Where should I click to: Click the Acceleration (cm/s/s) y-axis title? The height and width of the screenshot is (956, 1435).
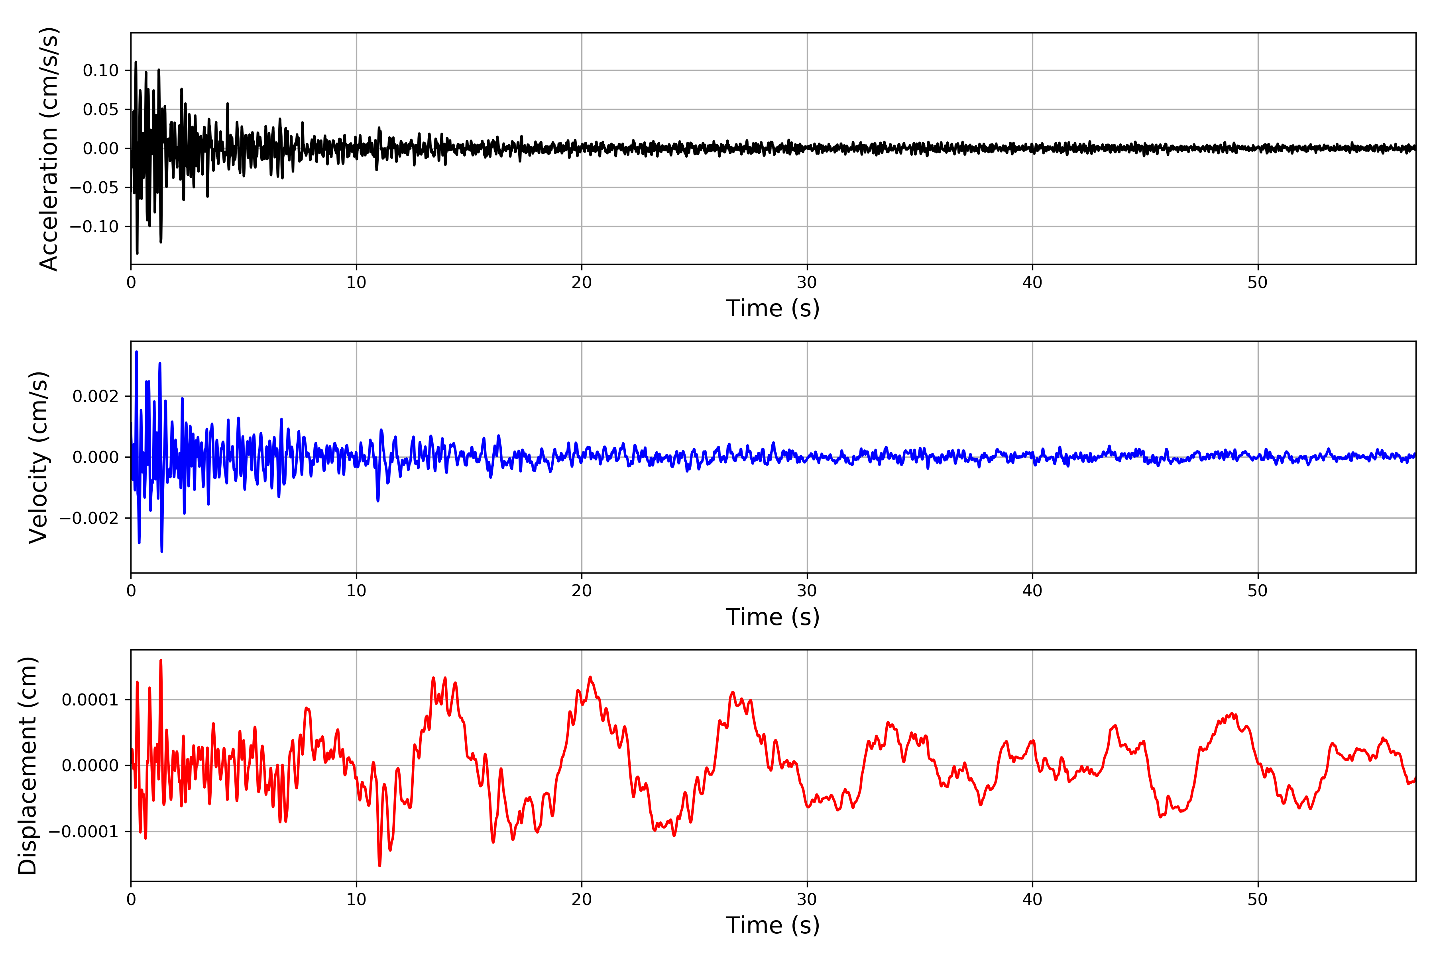[48, 149]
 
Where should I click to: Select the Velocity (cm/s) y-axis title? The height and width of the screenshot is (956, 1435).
[38, 457]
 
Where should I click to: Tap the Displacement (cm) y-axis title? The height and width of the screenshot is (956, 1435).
[28, 766]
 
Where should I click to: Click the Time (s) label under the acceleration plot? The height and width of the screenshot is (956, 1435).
[773, 308]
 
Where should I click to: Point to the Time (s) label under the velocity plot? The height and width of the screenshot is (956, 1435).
[773, 617]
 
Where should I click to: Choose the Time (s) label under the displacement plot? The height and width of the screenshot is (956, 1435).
[773, 925]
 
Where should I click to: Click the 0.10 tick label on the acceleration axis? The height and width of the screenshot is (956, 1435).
[101, 71]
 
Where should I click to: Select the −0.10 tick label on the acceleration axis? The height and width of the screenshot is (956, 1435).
[94, 227]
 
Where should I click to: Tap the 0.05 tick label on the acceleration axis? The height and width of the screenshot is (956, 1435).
[101, 110]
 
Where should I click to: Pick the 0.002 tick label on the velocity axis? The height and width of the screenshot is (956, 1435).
[96, 396]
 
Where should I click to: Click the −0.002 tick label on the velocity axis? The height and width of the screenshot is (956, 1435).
[89, 518]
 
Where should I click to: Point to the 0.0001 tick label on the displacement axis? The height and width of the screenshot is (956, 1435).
[90, 700]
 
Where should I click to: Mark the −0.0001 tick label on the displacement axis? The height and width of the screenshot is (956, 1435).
[84, 832]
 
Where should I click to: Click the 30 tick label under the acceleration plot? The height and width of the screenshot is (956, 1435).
[806, 283]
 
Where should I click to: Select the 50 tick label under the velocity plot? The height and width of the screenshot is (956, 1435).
[1258, 591]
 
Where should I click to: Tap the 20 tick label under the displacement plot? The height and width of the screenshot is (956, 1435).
[582, 899]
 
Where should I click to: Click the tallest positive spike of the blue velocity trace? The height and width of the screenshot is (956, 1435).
[137, 352]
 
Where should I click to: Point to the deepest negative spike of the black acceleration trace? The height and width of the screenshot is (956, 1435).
[137, 253]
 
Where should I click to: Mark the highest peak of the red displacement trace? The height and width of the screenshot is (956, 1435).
[161, 660]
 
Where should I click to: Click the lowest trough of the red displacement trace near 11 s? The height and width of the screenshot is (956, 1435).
[379, 865]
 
